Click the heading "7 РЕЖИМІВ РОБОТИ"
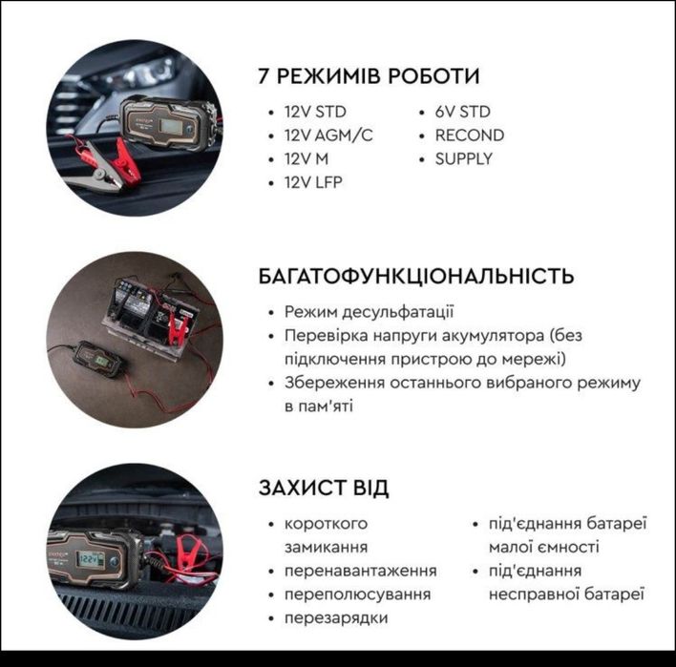[369, 76]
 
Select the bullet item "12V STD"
[315, 112]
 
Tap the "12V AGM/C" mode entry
[328, 135]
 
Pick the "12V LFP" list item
[313, 182]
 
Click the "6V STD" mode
[462, 112]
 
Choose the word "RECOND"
[469, 135]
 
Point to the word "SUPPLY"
[463, 158]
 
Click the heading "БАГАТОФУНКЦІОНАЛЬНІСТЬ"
[416, 277]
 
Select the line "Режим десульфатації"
[370, 312]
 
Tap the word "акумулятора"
[493, 336]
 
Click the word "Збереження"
[330, 383]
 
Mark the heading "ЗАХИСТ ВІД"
[324, 488]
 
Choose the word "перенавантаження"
[360, 571]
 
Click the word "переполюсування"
[357, 594]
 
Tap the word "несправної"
[529, 594]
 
